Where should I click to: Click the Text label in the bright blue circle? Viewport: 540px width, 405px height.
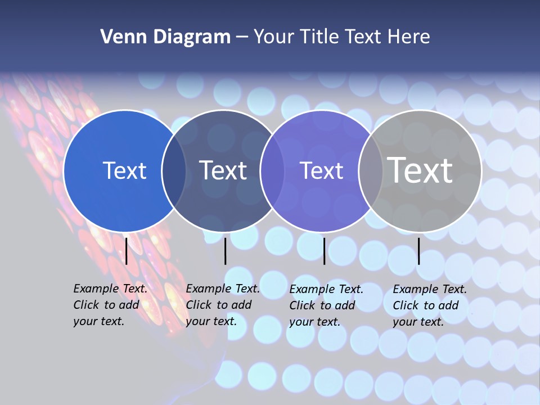click(124, 170)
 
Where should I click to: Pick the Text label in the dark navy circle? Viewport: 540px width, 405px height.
click(223, 170)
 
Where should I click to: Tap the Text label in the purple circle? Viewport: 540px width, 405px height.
click(321, 170)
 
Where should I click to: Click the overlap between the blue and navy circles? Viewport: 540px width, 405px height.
click(174, 171)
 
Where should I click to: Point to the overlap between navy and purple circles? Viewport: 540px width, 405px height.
click(272, 171)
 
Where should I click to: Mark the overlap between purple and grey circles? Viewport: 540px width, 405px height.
click(370, 171)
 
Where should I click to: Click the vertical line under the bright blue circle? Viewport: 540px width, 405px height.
click(127, 251)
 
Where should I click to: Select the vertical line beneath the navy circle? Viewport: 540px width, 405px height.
click(226, 251)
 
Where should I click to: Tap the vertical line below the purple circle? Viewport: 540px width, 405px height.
click(324, 251)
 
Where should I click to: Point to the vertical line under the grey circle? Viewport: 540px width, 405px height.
click(419, 251)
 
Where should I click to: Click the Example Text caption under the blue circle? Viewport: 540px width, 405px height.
click(110, 305)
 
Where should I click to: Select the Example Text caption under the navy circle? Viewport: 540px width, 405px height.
click(222, 305)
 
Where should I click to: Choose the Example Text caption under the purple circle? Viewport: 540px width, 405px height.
click(326, 305)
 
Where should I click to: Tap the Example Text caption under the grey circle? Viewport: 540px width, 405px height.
click(429, 305)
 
